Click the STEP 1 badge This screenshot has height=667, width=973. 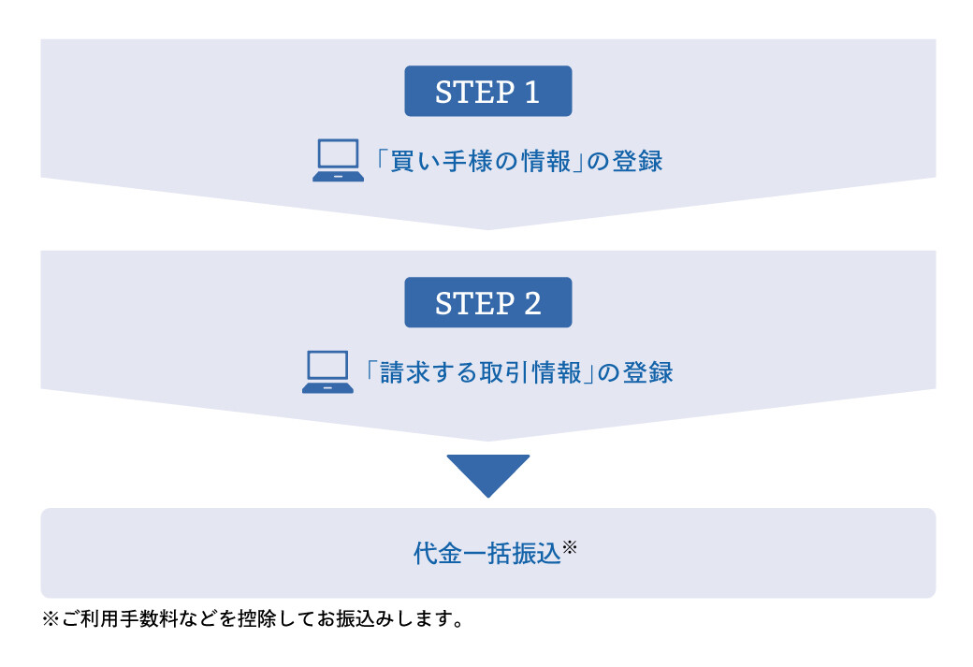tap(487, 91)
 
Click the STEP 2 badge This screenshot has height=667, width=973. tap(487, 302)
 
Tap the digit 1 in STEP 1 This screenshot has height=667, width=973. tap(531, 93)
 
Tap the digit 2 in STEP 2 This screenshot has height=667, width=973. tap(532, 303)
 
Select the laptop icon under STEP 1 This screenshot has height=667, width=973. tap(338, 160)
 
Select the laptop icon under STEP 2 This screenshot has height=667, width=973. tap(327, 371)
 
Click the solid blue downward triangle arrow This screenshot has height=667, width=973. tap(488, 475)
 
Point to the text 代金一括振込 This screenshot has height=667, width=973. tap(487, 554)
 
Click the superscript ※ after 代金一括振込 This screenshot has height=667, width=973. tap(570, 546)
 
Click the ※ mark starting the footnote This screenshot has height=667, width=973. tap(51, 618)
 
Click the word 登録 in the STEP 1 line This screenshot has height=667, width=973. tap(637, 161)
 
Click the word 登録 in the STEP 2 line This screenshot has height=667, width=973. tap(647, 373)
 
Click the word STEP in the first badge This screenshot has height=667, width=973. tap(474, 93)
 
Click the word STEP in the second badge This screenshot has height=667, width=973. tap(474, 303)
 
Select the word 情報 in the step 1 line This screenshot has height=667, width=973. tap(546, 161)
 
